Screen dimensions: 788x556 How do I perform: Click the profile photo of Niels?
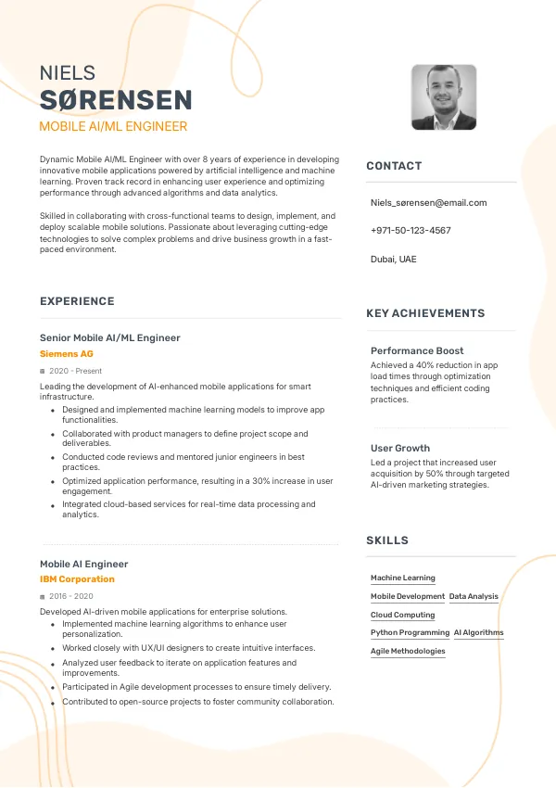(444, 97)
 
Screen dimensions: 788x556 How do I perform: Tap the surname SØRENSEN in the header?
(116, 100)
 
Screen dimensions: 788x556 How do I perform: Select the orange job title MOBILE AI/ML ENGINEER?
(113, 126)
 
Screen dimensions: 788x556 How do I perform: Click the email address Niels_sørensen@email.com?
(428, 202)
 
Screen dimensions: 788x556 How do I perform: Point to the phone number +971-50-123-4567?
(411, 230)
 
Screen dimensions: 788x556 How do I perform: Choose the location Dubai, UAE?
(394, 259)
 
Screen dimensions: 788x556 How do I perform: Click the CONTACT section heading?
(394, 166)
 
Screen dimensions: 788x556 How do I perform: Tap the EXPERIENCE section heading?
(77, 301)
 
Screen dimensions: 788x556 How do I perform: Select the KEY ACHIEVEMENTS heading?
(425, 313)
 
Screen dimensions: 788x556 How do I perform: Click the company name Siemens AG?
(67, 353)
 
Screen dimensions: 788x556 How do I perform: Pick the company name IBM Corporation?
(77, 579)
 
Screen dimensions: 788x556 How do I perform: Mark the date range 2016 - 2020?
(70, 596)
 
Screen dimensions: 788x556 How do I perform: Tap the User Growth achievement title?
(400, 448)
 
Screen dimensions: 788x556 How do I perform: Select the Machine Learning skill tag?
(403, 578)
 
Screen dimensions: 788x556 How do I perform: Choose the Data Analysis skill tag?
(474, 596)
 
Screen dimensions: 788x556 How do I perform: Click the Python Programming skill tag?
(410, 632)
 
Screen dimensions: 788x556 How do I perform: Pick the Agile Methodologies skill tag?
(408, 651)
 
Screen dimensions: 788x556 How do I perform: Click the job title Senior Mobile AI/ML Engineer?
(110, 337)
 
